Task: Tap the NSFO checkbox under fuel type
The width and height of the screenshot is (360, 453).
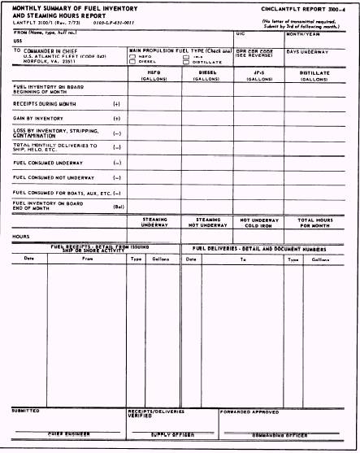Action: point(132,55)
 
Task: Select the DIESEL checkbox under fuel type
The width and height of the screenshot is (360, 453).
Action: point(132,61)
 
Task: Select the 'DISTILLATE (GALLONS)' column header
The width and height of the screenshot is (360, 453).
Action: point(314,75)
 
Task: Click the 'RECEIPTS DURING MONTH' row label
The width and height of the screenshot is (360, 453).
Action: point(42,104)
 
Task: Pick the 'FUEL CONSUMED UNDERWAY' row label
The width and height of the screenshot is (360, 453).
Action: point(42,162)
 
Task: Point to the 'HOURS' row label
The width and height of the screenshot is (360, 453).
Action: point(22,236)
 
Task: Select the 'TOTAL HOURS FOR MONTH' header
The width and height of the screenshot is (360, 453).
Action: point(314,221)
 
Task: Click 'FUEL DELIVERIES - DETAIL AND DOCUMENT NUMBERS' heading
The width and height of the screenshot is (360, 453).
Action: point(271,249)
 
